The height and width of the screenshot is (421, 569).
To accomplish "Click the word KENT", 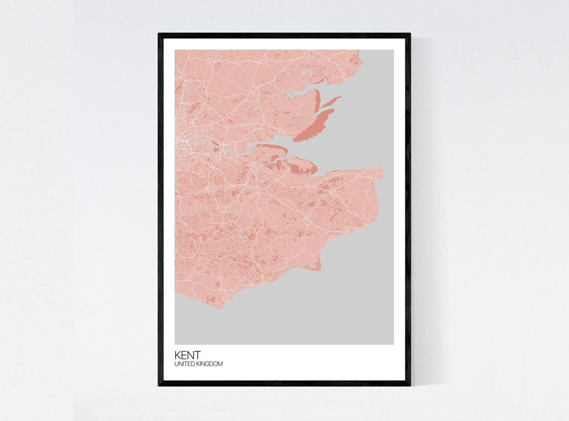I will [x=187, y=355].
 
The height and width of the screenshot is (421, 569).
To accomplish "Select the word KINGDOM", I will [x=210, y=364].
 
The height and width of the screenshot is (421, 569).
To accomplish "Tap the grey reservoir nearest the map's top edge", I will [x=304, y=72].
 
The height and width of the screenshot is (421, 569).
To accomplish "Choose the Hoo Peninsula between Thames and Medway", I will [x=270, y=155].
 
